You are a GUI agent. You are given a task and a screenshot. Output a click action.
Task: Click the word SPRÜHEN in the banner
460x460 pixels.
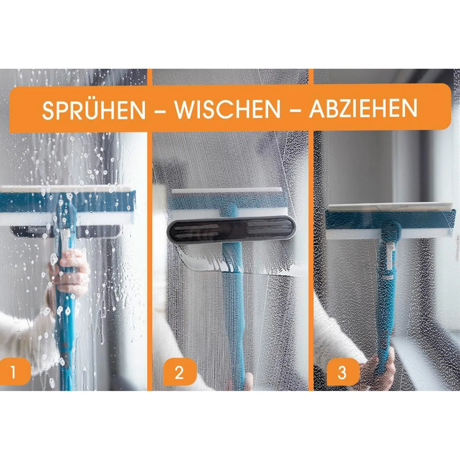click(94, 110)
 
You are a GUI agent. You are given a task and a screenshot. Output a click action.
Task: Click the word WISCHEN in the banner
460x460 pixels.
click(228, 110)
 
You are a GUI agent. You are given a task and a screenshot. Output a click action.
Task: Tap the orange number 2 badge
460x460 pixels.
click(179, 372)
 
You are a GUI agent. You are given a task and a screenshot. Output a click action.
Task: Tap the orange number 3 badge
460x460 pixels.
click(342, 372)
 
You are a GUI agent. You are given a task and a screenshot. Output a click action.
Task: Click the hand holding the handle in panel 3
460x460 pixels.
click(385, 364)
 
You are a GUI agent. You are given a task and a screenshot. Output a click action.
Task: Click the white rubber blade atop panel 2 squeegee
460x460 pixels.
click(226, 192)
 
